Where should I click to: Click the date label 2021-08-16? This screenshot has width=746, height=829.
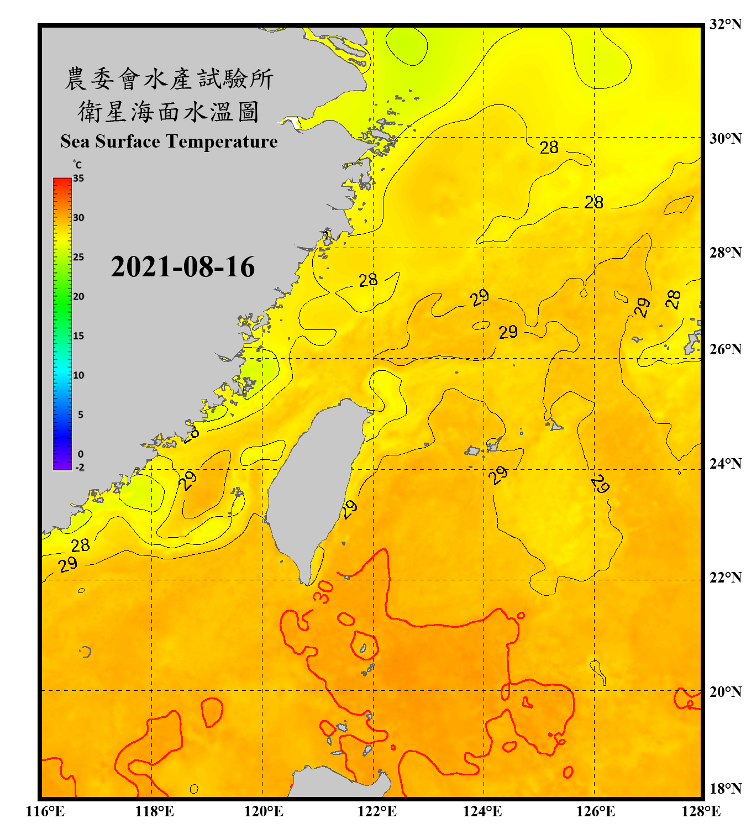[182, 267]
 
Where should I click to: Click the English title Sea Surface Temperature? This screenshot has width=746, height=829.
[169, 141]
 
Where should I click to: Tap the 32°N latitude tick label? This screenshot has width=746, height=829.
[725, 24]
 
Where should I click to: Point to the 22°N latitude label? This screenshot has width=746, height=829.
[725, 578]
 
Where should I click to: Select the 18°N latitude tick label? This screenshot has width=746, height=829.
[725, 789]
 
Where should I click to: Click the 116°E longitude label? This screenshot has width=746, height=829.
[45, 811]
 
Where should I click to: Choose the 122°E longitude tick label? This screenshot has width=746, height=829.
[377, 811]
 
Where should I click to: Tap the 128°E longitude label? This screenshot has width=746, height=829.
[701, 811]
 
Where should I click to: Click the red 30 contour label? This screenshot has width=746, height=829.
[323, 592]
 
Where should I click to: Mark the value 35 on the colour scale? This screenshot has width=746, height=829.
[78, 178]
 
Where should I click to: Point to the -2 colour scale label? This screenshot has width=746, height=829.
[80, 468]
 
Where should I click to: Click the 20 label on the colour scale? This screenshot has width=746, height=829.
[79, 296]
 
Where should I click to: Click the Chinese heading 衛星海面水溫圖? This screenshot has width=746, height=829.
[169, 112]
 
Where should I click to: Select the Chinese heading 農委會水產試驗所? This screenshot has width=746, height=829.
[169, 79]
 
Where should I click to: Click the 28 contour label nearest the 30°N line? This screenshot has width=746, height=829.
[549, 148]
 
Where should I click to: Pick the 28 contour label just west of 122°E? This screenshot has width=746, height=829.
[368, 281]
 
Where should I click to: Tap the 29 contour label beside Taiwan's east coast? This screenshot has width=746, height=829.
[349, 509]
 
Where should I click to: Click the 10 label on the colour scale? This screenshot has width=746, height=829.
[79, 375]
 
